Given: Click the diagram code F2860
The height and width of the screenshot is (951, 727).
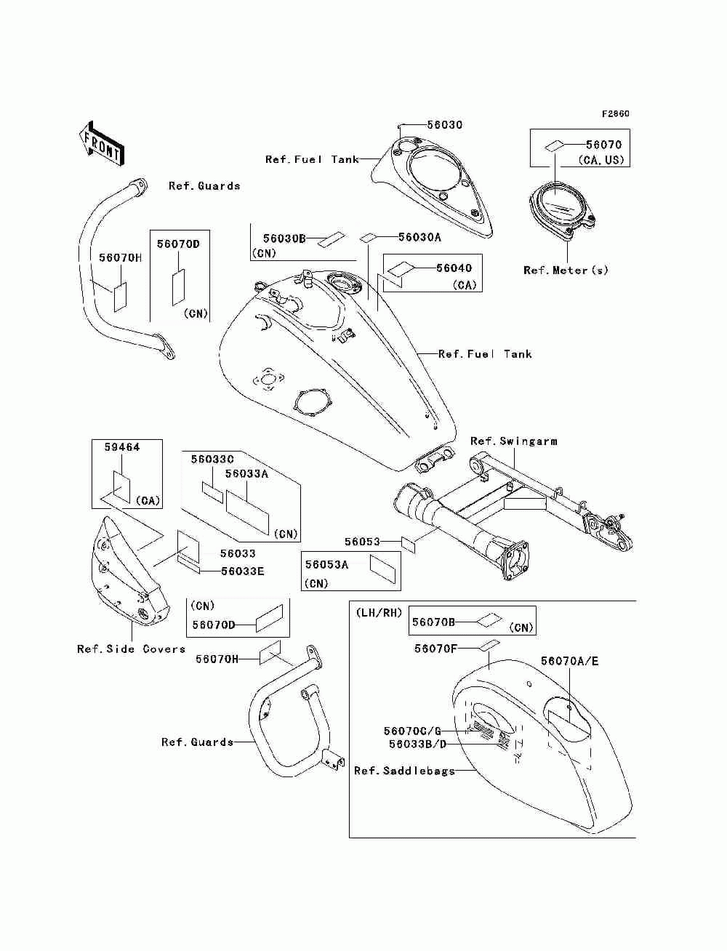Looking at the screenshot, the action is click(x=615, y=113).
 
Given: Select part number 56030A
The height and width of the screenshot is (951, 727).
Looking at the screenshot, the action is click(x=419, y=237).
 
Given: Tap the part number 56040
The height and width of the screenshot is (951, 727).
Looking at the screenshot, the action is click(x=454, y=268).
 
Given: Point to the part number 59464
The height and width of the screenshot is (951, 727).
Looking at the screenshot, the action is click(x=122, y=447).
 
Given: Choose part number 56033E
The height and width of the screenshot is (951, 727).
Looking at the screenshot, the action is click(x=242, y=571).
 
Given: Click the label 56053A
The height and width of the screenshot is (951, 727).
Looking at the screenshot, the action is click(x=326, y=564).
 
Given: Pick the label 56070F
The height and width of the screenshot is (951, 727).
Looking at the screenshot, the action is click(x=435, y=648).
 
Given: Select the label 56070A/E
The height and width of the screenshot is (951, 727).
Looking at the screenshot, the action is click(x=569, y=661).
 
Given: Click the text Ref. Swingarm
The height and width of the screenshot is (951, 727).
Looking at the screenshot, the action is click(x=514, y=441).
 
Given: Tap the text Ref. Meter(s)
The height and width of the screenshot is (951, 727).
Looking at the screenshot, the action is click(x=566, y=270).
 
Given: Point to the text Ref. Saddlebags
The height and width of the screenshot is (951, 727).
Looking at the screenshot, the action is click(x=405, y=771).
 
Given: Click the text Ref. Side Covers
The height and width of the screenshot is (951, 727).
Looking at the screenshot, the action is click(x=132, y=649).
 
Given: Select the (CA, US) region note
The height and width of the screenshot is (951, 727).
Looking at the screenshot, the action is click(x=601, y=160).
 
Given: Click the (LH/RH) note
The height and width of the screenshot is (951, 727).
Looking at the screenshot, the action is click(x=379, y=613).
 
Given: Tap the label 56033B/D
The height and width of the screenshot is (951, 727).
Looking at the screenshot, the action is click(x=417, y=744).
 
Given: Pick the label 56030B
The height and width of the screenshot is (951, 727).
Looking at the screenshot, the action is click(x=285, y=238).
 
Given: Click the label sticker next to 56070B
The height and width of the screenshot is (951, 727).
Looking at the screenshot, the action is click(x=489, y=620).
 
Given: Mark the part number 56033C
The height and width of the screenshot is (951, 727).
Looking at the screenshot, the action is click(x=212, y=459).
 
